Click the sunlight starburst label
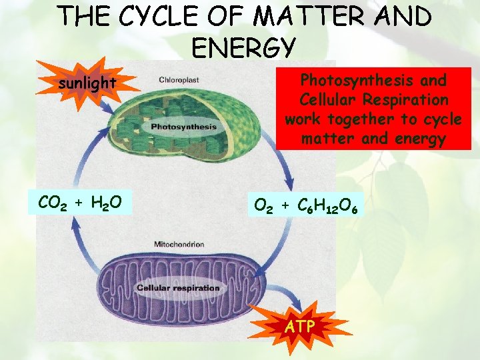coord(87,83)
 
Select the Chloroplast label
coord(179,80)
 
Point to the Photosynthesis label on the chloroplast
coord(184,127)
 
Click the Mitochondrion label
coord(179,244)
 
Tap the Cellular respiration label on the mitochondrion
coord(179,288)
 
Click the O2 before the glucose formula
coord(264,206)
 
